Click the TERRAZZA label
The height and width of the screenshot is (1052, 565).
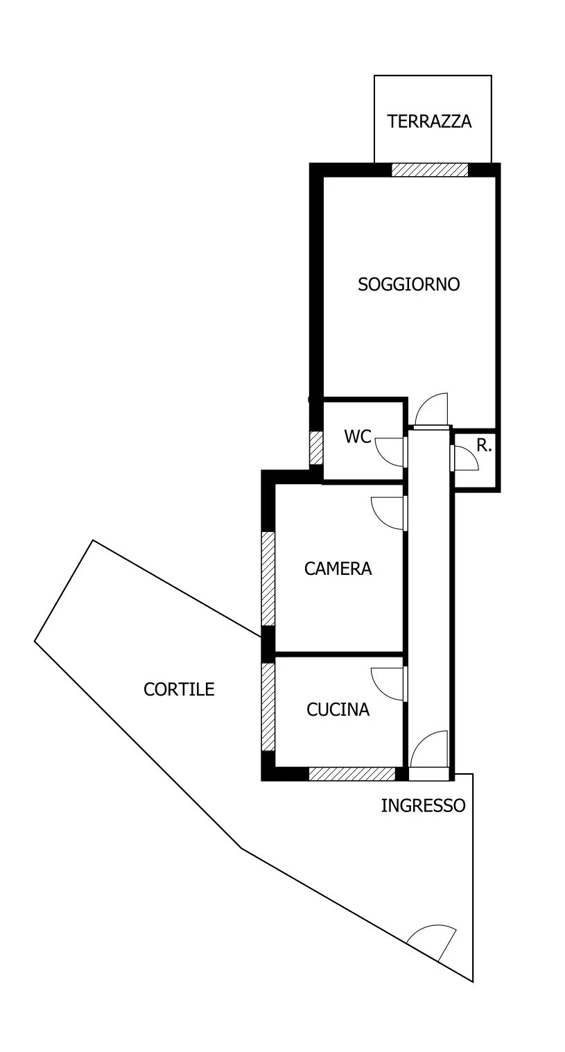click(x=429, y=121)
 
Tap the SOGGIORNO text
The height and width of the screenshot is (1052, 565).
click(x=408, y=284)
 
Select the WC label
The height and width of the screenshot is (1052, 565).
click(x=358, y=436)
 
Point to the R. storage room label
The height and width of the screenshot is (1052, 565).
click(x=484, y=445)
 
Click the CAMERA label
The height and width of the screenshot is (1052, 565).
click(x=338, y=569)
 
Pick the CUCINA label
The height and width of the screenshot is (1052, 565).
click(x=338, y=709)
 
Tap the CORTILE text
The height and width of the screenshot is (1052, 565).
click(x=179, y=689)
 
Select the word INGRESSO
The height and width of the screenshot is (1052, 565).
click(x=423, y=805)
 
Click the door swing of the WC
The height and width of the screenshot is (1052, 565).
click(x=390, y=452)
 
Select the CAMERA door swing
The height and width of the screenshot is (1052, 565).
click(x=387, y=514)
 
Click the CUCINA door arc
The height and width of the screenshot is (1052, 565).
click(x=387, y=684)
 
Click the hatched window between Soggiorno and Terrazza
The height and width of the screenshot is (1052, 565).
click(x=430, y=169)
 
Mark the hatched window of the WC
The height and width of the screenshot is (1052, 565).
click(x=317, y=447)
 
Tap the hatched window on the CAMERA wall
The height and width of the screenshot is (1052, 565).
click(x=268, y=578)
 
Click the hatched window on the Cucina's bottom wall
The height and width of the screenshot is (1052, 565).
click(x=351, y=774)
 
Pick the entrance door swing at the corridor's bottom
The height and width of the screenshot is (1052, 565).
click(x=428, y=749)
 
